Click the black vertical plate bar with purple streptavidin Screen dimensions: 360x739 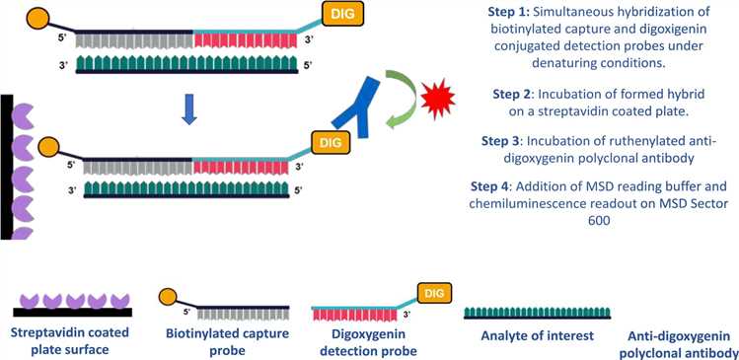point(6,167)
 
